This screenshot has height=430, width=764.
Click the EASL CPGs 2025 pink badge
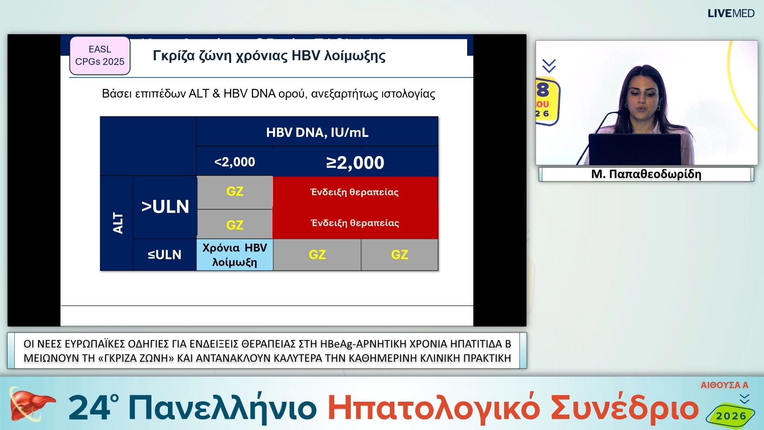pyautogui.click(x=100, y=56)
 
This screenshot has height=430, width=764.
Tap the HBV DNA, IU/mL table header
pyautogui.click(x=317, y=132)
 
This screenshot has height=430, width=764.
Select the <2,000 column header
pyautogui.click(x=234, y=162)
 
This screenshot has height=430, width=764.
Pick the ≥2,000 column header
pyautogui.click(x=355, y=162)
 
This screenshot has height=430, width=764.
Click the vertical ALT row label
pyautogui.click(x=117, y=223)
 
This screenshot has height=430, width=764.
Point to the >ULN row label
pyautogui.click(x=165, y=207)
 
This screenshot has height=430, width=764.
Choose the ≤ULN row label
pyautogui.click(x=164, y=255)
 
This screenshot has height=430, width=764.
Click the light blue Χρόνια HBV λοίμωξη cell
pyautogui.click(x=234, y=255)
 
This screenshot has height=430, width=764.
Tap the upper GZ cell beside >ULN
pyautogui.click(x=234, y=192)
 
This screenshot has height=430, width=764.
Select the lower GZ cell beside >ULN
pyautogui.click(x=234, y=225)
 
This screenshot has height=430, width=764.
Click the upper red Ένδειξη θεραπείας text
pyautogui.click(x=354, y=192)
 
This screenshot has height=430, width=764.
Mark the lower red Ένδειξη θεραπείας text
pyautogui.click(x=355, y=223)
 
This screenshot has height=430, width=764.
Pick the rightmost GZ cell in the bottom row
pyautogui.click(x=399, y=255)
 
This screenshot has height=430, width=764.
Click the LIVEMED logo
pyautogui.click(x=731, y=14)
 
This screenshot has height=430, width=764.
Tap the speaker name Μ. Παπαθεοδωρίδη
pyautogui.click(x=646, y=174)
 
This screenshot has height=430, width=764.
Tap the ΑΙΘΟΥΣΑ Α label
pyautogui.click(x=724, y=385)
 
